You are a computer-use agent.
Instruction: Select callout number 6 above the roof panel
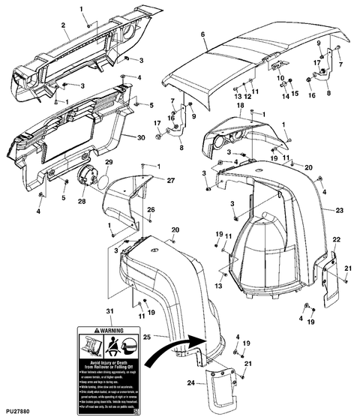(x=203, y=34)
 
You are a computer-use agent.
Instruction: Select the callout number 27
(x=170, y=180)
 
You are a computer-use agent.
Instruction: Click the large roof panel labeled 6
(x=247, y=56)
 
